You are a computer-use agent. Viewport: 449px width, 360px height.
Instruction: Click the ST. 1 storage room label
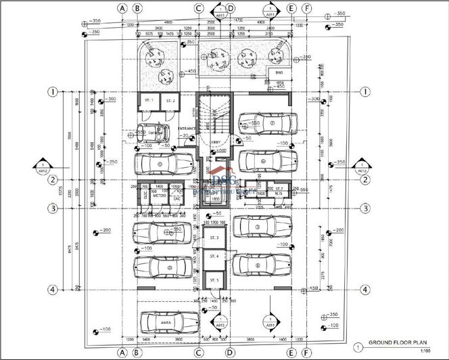pyautogui.click(x=149, y=100)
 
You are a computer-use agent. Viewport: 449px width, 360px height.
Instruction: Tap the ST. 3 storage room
pyautogui.click(x=214, y=238)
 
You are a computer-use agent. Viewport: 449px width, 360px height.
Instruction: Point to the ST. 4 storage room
pyautogui.click(x=214, y=257)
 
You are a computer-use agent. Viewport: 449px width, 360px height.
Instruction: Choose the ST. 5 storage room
pyautogui.click(x=214, y=280)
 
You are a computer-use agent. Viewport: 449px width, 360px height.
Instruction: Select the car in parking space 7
pyautogui.click(x=269, y=125)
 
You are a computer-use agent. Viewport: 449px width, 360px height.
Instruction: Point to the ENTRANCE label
pyautogui.click(x=187, y=128)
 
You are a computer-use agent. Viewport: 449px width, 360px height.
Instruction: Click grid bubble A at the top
pyautogui.click(x=122, y=9)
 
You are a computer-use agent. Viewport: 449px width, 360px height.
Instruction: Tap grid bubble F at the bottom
pyautogui.click(x=307, y=353)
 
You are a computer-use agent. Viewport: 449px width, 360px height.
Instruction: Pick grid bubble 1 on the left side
pyautogui.click(x=53, y=91)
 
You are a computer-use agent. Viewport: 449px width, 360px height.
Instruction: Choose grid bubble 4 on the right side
pyautogui.click(x=364, y=290)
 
